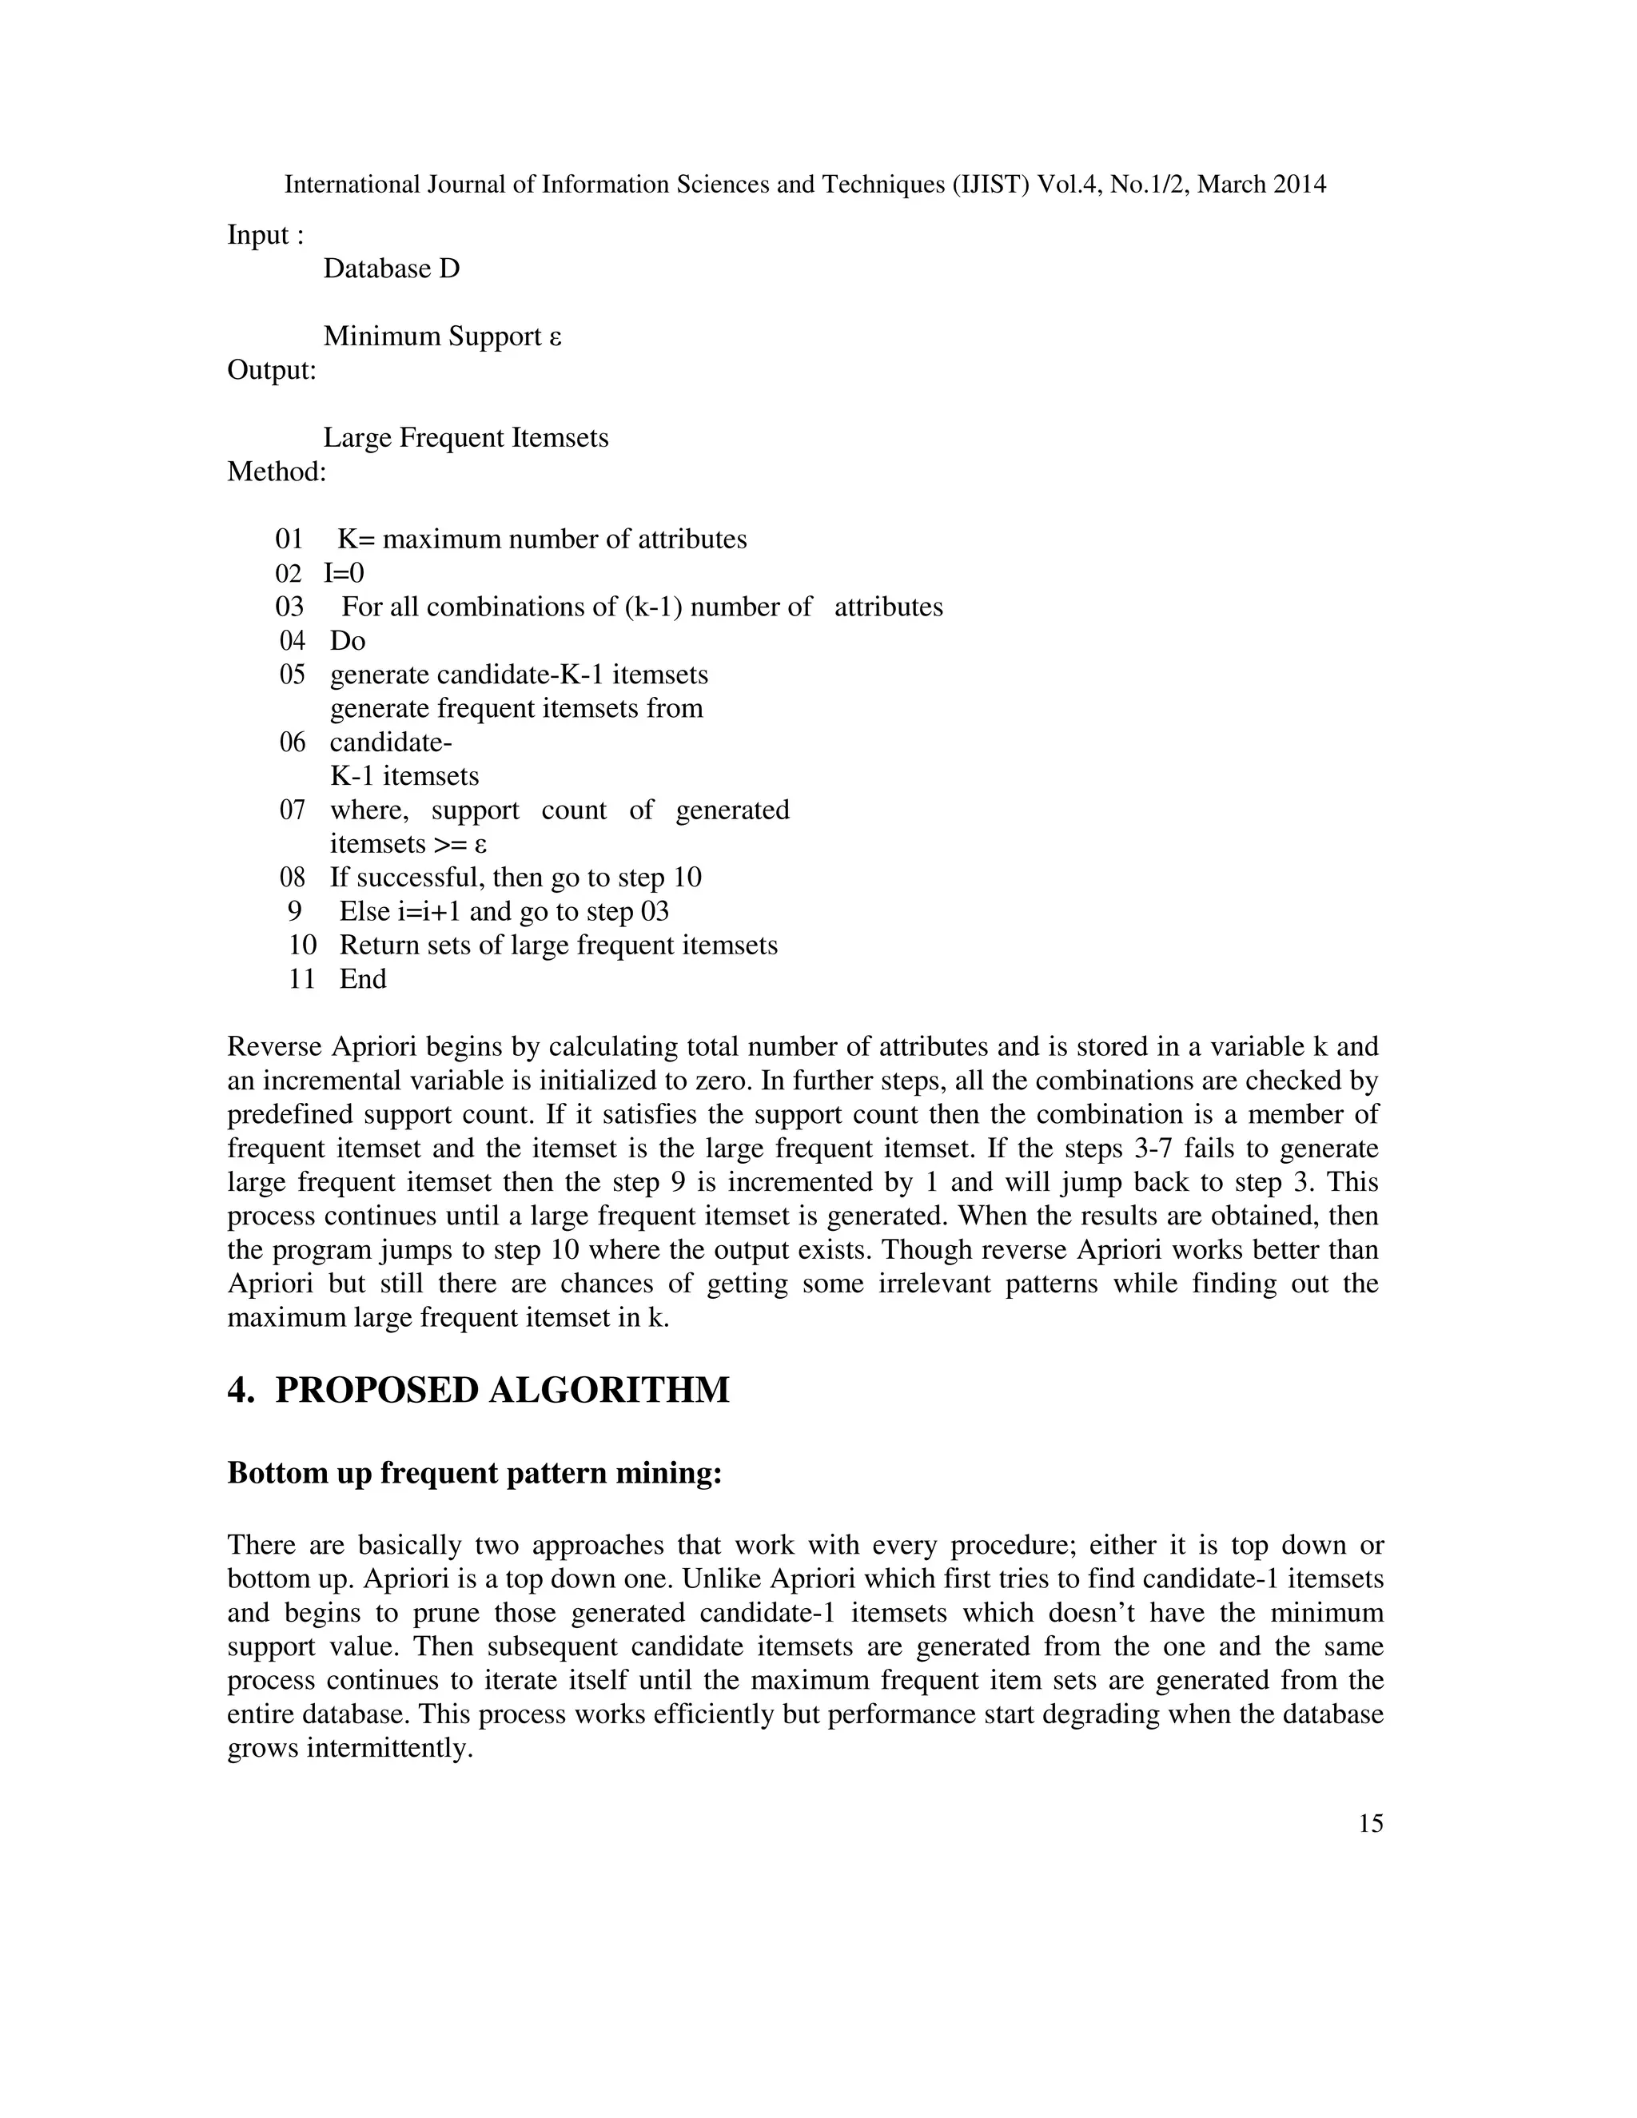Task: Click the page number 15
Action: pos(1370,1823)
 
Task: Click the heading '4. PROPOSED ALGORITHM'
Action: pos(478,1390)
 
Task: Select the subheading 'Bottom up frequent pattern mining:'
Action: pos(474,1472)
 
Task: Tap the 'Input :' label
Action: pos(265,235)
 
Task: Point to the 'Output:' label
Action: pos(272,371)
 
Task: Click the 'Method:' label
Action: pos(277,472)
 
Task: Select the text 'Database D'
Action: pos(391,269)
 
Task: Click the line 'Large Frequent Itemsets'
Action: pos(465,438)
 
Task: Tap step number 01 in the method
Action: pos(289,539)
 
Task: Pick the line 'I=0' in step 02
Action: pos(345,573)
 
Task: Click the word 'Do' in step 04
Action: pos(347,641)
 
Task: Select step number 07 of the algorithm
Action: pos(293,810)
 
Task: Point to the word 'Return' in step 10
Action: pos(379,946)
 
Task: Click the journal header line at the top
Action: pos(805,185)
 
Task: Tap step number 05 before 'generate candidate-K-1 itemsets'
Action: pos(293,675)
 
